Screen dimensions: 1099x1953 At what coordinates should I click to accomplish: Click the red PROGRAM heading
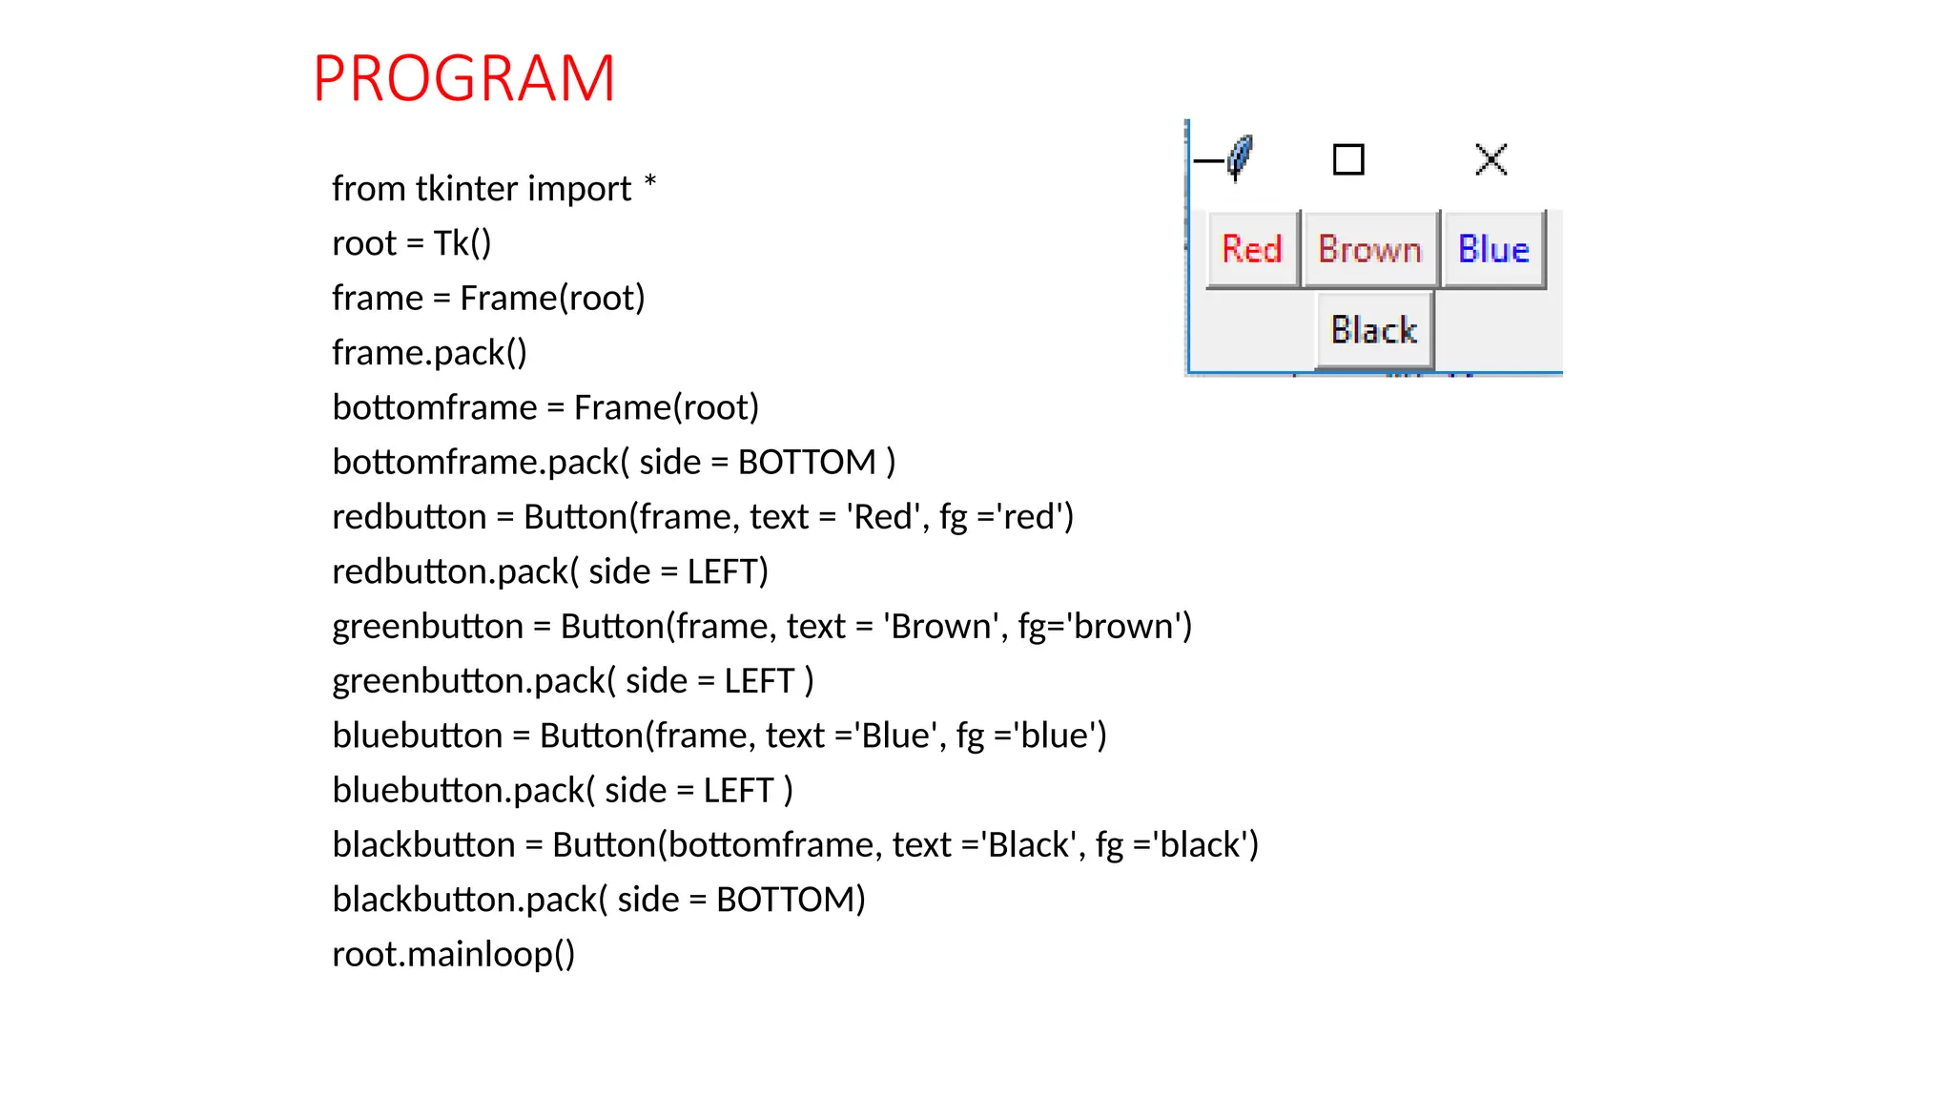(463, 78)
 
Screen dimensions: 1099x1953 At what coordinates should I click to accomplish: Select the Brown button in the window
(1369, 250)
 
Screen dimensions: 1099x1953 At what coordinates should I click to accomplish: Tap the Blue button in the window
(1493, 250)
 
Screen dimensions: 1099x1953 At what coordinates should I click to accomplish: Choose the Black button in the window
(1374, 331)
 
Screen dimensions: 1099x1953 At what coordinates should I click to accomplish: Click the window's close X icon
(1490, 159)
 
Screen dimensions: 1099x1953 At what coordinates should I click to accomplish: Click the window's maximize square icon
(1348, 159)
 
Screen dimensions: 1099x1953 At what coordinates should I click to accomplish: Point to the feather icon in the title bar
(1240, 157)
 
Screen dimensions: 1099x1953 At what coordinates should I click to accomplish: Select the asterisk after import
(649, 181)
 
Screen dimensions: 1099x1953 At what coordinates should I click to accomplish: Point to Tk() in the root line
(463, 243)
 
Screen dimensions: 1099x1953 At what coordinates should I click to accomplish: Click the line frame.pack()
(429, 353)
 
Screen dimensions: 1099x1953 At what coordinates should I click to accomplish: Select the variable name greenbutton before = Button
(427, 627)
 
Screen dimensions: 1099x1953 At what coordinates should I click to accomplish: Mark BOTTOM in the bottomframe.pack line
(807, 463)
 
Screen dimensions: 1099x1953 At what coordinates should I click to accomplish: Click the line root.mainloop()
(453, 954)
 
